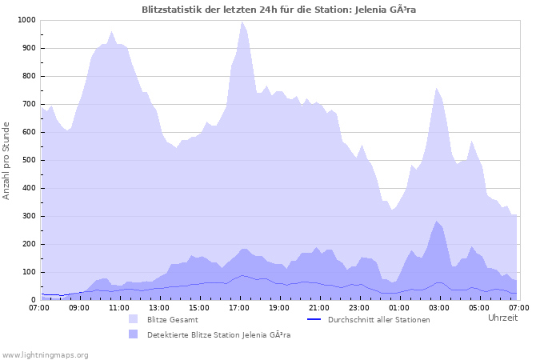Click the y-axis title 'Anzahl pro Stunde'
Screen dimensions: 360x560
[x=7, y=160]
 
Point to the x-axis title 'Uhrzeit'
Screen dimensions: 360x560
[x=502, y=318]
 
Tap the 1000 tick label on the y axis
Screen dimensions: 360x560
[x=26, y=20]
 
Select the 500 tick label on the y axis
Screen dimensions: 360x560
[x=29, y=160]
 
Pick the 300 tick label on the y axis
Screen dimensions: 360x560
[x=29, y=216]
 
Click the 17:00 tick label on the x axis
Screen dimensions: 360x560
[x=239, y=307]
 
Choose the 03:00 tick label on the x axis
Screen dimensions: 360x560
[x=438, y=307]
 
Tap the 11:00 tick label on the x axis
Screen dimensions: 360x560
[x=119, y=307]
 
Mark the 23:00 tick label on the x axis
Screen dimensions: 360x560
[x=358, y=307]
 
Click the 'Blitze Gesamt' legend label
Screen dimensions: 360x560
[x=173, y=320]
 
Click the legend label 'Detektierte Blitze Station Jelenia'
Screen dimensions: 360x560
[x=218, y=335]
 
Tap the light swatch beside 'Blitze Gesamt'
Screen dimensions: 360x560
[x=133, y=319]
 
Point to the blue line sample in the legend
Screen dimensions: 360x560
[x=314, y=319]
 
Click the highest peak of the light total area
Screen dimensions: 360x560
[x=242, y=22]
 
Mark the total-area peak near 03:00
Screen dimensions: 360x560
[x=437, y=88]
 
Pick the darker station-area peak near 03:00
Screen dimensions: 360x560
[x=437, y=222]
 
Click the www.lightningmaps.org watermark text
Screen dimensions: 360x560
[x=45, y=354]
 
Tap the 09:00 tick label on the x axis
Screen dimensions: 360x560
[x=79, y=307]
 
